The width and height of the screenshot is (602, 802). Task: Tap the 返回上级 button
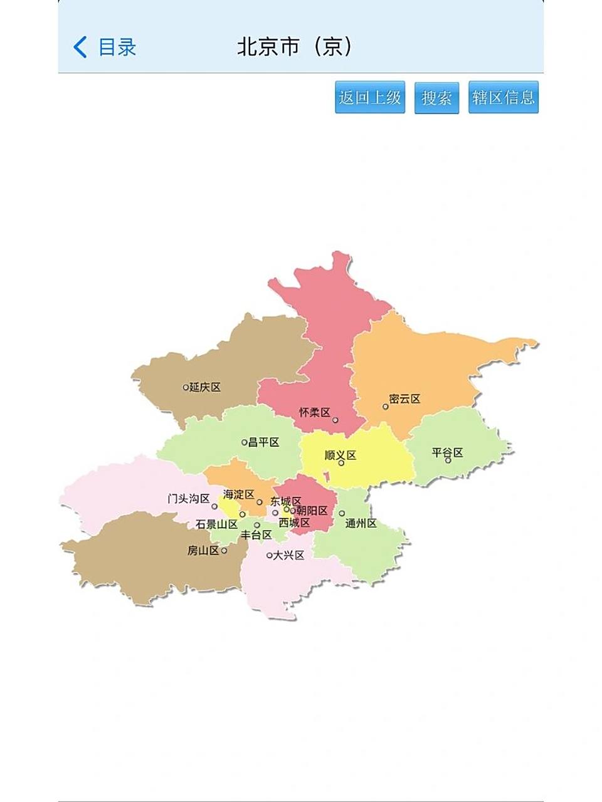point(370,97)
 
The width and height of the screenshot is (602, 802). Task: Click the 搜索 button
point(436,97)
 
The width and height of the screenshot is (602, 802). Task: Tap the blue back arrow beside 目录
point(80,47)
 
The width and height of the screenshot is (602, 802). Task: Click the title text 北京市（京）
point(295,47)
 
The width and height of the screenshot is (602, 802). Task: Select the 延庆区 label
point(205,387)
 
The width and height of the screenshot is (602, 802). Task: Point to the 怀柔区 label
point(314,412)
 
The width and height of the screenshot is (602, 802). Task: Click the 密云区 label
point(404,399)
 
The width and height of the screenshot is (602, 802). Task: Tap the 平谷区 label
point(447,452)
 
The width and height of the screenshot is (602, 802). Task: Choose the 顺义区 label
point(340,455)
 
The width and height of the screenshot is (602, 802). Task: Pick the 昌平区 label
point(263,442)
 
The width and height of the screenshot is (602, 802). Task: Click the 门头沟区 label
point(188,499)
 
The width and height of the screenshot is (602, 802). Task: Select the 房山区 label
point(203,551)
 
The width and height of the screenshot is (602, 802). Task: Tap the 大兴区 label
point(288,555)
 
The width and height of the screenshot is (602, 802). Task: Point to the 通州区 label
point(361,523)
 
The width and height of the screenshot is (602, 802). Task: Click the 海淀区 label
point(238,494)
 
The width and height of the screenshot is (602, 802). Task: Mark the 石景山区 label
point(216,524)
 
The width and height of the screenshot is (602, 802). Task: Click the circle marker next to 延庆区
point(186,387)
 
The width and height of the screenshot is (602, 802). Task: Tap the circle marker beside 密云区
point(386,407)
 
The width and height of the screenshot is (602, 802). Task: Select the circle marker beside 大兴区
point(269,555)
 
